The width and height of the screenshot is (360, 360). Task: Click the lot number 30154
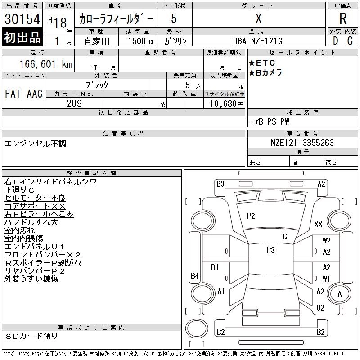(22, 19)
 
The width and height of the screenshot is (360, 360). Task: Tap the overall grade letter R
(343, 18)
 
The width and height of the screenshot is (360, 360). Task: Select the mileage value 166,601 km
(46, 64)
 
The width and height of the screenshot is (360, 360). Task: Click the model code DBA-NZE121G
(258, 41)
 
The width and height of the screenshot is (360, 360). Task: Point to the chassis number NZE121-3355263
(302, 143)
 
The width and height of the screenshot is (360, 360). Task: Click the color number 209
(74, 103)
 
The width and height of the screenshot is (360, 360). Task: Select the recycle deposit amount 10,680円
(227, 104)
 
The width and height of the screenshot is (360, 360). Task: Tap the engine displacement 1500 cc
(141, 41)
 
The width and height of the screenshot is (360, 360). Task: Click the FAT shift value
(13, 94)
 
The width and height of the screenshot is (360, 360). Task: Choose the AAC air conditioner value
(35, 94)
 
